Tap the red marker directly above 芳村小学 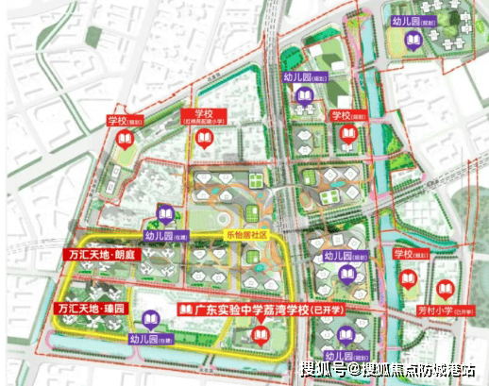point(409,281)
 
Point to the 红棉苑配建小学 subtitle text point(205,123)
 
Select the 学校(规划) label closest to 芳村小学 point(411,254)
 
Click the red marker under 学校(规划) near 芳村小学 point(409,281)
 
